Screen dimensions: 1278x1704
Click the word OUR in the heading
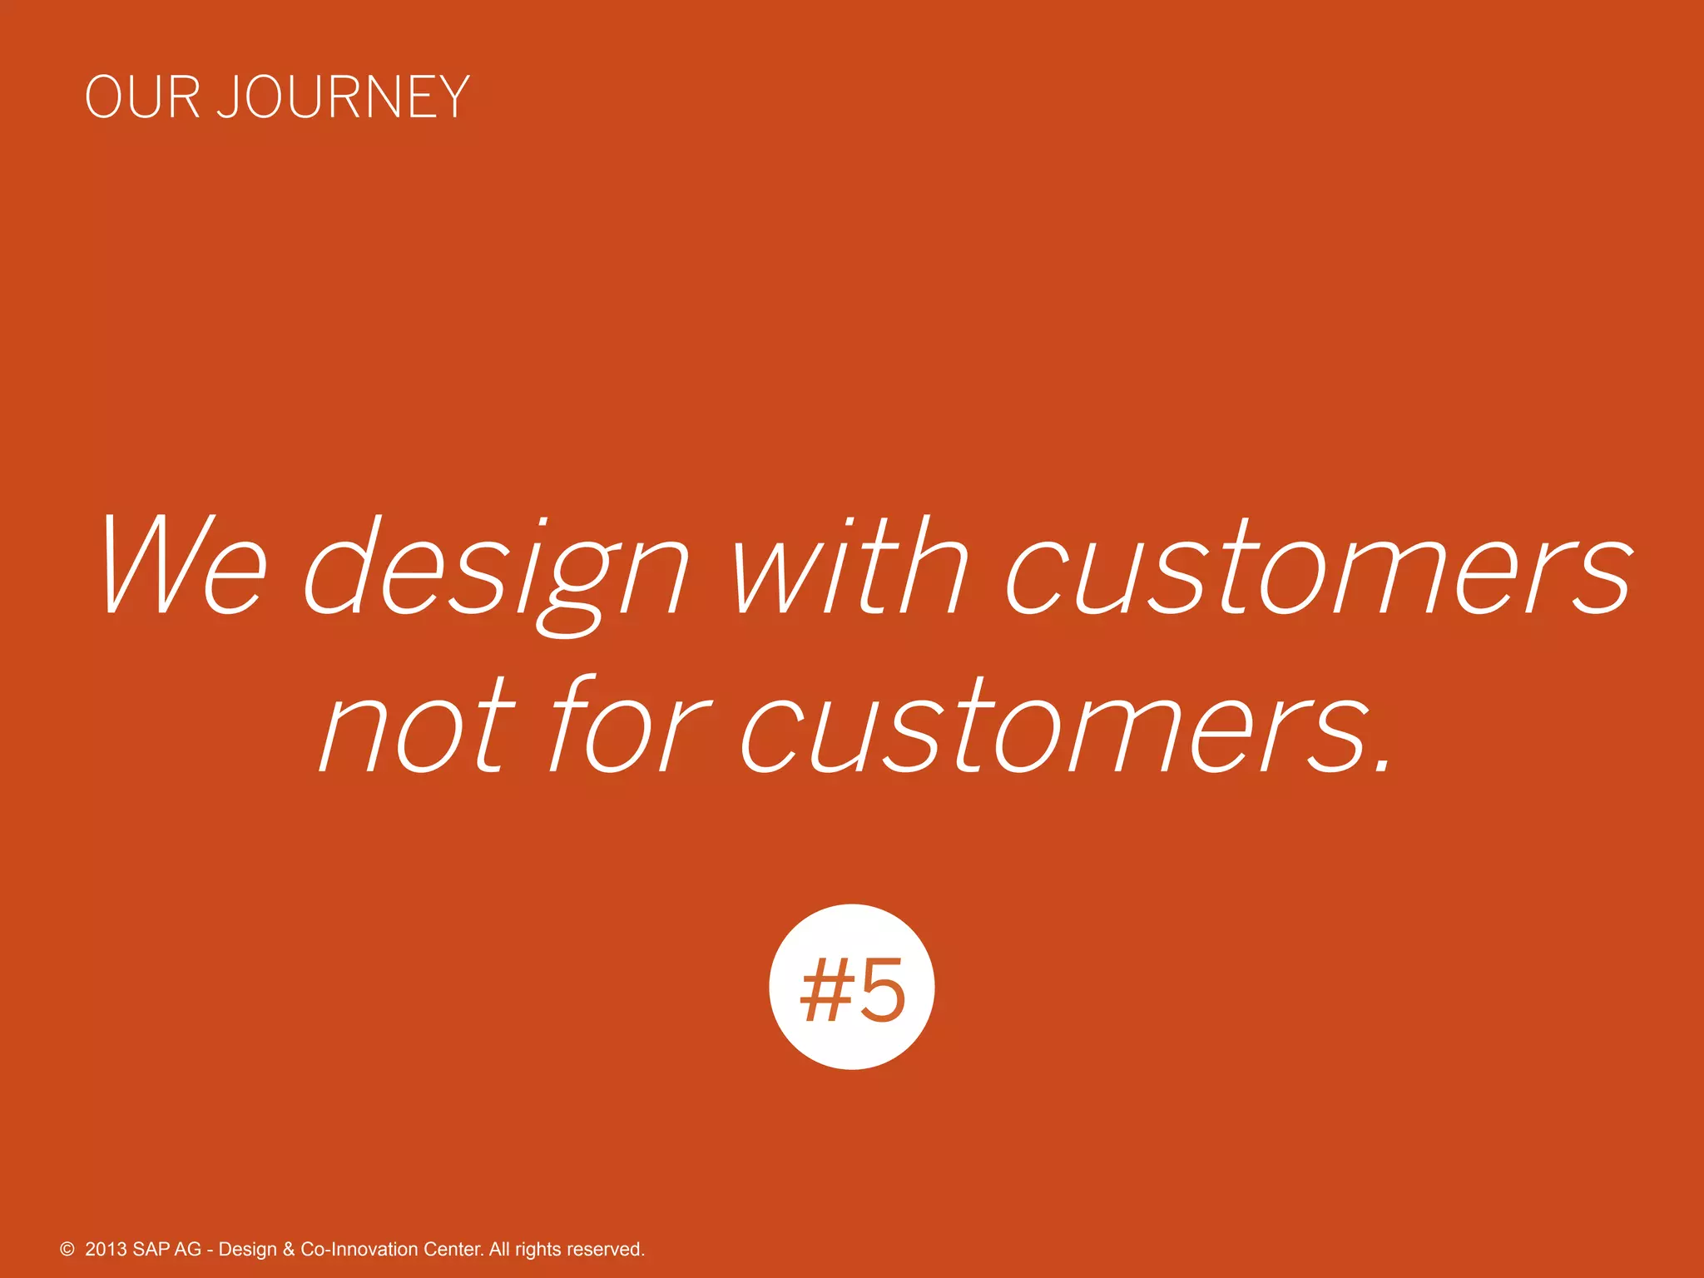(142, 97)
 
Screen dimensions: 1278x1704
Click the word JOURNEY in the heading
(343, 97)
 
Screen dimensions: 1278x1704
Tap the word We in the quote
(184, 567)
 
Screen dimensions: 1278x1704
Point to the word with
(850, 567)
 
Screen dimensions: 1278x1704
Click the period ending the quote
(1382, 764)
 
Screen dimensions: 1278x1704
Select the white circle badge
(851, 987)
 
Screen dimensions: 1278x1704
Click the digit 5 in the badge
(882, 990)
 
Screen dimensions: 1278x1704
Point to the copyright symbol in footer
(67, 1250)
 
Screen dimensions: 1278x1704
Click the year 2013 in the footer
(106, 1250)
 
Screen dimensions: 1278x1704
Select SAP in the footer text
(151, 1250)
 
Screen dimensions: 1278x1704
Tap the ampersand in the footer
(289, 1250)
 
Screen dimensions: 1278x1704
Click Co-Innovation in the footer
(359, 1250)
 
